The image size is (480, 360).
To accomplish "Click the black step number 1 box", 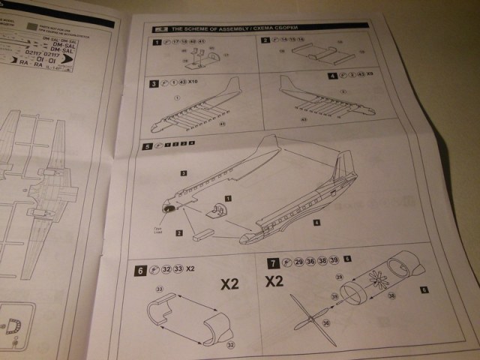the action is point(157,42).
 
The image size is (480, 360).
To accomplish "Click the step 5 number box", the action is point(147,145).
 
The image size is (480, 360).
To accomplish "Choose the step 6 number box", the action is point(140,268).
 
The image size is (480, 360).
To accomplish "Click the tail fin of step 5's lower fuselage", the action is point(345,166).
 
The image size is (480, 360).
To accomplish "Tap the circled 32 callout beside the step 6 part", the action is point(229,344).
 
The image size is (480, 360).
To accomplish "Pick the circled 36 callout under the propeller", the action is point(325,323).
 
